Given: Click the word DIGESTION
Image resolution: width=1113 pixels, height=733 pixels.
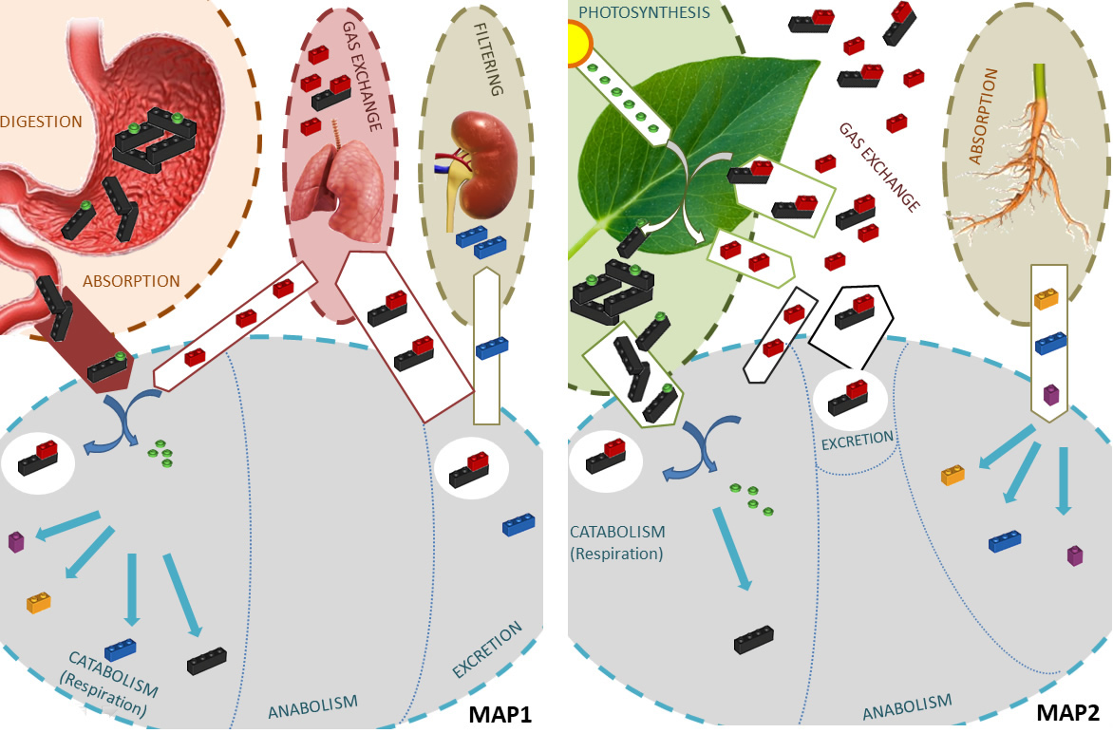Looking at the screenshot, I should tap(42, 122).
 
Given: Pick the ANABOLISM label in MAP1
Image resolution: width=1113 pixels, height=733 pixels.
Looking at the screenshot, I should tap(312, 705).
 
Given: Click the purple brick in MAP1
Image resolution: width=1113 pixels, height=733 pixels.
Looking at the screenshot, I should tap(16, 541).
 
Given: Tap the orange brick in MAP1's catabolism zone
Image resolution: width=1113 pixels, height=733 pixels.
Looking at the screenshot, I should tap(39, 602).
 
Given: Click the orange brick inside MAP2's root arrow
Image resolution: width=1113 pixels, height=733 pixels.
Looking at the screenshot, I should tap(1046, 299).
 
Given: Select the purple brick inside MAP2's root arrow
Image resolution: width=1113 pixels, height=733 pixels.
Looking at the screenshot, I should tap(1050, 393).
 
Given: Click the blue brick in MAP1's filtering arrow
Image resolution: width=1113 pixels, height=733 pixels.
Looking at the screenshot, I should tap(492, 348).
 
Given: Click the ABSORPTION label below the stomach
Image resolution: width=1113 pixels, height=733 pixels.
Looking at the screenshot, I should tap(131, 281).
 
